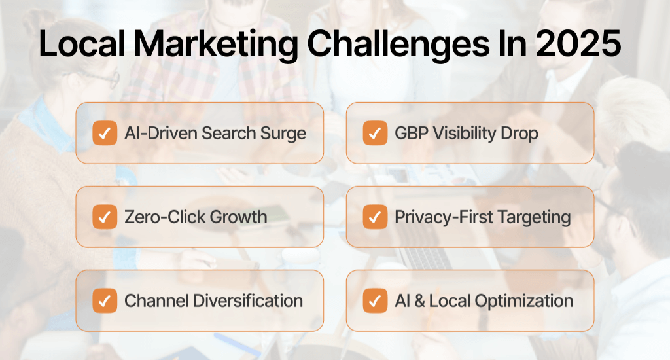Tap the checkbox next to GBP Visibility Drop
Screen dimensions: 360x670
(374, 134)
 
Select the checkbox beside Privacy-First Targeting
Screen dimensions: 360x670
(374, 217)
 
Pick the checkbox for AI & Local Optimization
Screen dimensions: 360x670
(374, 300)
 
